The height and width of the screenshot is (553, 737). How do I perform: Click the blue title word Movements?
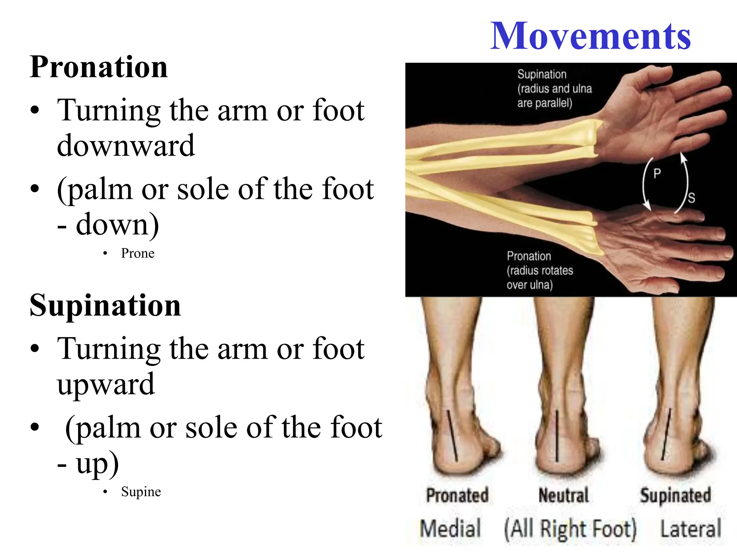coord(590,36)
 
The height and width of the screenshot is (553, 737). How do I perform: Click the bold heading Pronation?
coord(99,67)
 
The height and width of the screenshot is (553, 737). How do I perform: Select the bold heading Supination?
coord(105,305)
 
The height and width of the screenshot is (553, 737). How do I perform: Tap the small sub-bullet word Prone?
coord(137,253)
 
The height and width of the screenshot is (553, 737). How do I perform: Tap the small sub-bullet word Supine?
coord(141,492)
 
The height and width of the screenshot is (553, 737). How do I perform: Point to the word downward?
coord(126,145)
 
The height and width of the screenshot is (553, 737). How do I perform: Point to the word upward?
coord(106,385)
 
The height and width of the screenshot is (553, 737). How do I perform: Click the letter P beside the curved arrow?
coord(657,174)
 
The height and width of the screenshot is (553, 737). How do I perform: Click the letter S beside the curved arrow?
coord(691,198)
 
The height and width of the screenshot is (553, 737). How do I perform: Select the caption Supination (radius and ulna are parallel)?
coord(554,89)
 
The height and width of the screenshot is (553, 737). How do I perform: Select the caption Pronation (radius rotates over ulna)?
coord(540,270)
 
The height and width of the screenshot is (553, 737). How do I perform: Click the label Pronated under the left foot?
coord(457,495)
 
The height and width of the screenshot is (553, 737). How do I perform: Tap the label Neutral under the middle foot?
coord(564,495)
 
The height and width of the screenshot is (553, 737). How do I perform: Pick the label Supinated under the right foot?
coord(675,495)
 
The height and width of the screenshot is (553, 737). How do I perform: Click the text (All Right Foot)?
coord(570,529)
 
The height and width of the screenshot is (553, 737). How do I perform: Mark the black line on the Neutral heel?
coord(557,436)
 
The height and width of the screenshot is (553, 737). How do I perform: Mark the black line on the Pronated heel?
coord(452,436)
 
